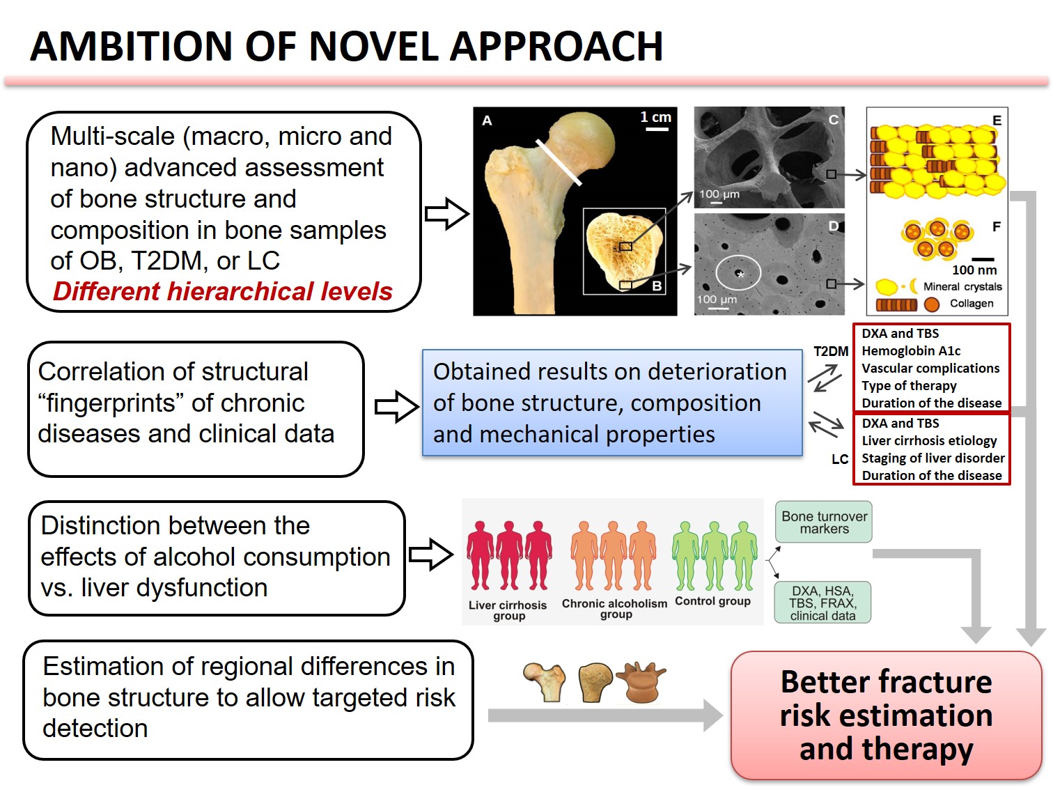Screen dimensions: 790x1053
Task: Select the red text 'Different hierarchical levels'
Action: click(223, 291)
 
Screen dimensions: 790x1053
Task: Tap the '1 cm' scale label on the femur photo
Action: click(655, 117)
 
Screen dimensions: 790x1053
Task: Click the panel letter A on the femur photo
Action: click(487, 121)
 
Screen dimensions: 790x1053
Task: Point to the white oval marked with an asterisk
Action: click(738, 273)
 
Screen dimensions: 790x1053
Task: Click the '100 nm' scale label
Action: click(974, 270)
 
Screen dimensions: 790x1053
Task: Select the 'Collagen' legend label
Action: click(972, 304)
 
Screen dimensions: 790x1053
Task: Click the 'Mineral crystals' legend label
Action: click(962, 286)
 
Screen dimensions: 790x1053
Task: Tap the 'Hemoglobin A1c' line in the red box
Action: click(911, 351)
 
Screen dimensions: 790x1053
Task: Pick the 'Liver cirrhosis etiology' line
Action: click(929, 441)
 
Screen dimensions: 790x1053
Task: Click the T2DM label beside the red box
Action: click(831, 352)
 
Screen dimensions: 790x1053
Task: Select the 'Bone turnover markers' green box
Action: click(824, 522)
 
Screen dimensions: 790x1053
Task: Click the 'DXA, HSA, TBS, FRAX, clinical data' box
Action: click(822, 603)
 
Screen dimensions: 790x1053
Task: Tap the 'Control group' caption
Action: click(712, 601)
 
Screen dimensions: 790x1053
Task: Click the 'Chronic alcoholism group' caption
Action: click(614, 609)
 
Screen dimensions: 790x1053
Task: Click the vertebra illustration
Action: click(642, 682)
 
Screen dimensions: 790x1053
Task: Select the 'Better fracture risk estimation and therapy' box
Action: click(886, 715)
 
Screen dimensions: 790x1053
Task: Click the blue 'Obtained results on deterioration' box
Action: click(611, 403)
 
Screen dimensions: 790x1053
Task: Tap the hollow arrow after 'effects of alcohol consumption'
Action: click(431, 555)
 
